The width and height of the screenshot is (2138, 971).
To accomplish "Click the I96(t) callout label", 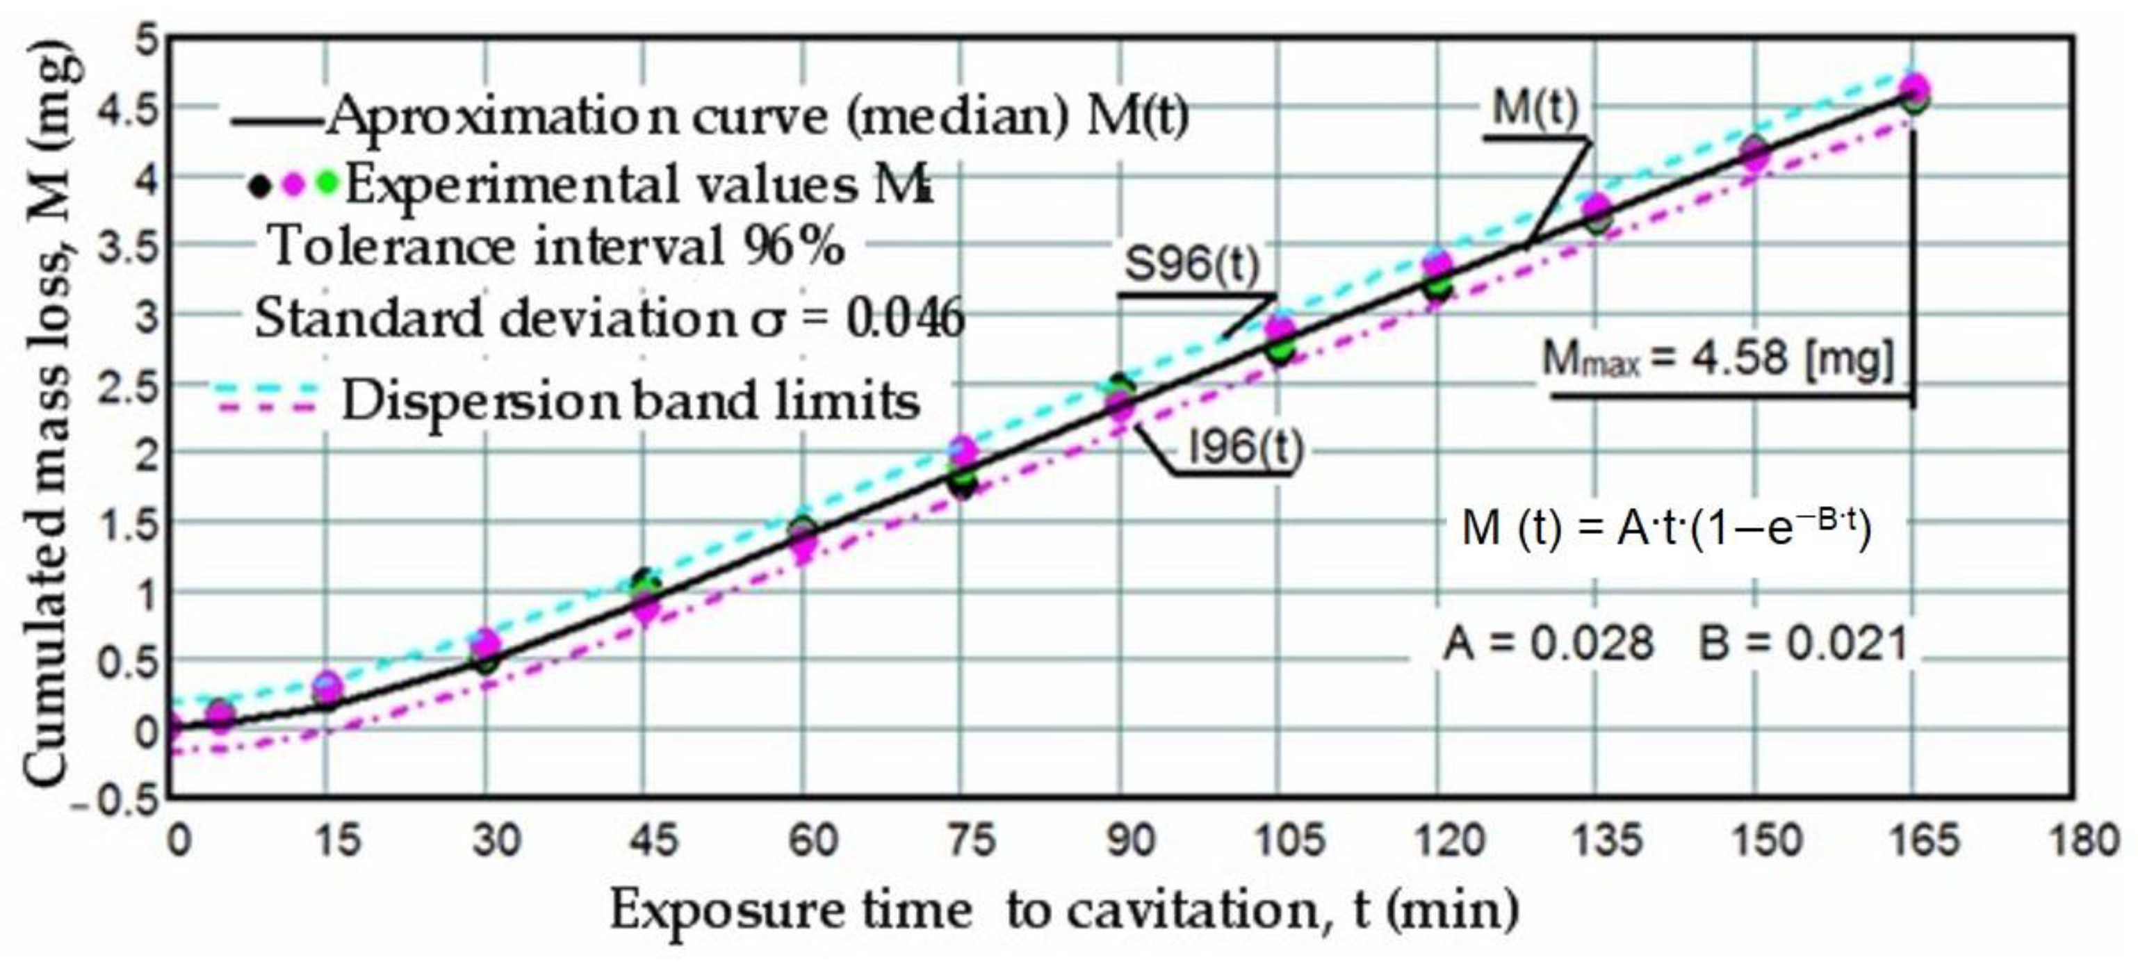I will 1246,449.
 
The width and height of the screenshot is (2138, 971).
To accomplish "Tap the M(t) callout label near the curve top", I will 1535,108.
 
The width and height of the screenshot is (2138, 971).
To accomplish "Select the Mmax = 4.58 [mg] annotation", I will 1718,359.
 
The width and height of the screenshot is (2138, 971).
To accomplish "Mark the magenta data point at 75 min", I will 962,450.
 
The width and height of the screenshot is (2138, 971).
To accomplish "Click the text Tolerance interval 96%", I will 557,247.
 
